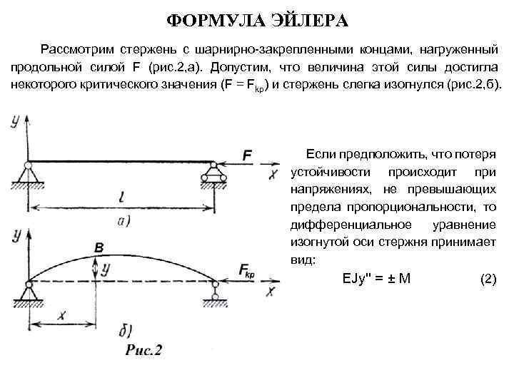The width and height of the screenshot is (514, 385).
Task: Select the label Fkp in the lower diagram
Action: click(x=251, y=269)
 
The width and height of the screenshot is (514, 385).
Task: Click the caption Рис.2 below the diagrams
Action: click(x=143, y=349)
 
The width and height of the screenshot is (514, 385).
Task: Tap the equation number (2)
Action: click(x=488, y=279)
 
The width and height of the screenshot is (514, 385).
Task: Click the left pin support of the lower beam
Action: click(x=27, y=291)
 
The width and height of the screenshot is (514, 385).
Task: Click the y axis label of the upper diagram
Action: click(x=14, y=121)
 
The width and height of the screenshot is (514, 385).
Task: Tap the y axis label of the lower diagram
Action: click(x=14, y=235)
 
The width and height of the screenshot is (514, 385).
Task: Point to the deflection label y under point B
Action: click(x=106, y=269)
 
